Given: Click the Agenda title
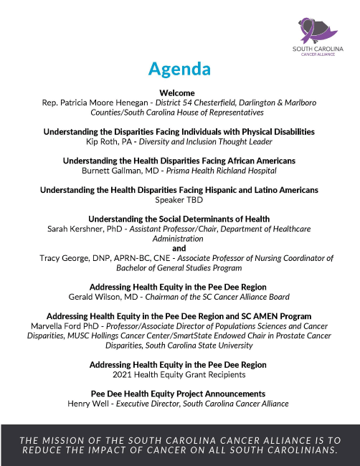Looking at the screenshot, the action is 179,69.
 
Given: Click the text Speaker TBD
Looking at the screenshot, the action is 179,200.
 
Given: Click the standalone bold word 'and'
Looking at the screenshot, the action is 179,247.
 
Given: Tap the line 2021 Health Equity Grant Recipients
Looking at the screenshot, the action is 179,374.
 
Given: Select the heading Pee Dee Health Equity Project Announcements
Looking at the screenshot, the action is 179,394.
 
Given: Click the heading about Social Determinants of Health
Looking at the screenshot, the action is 179,219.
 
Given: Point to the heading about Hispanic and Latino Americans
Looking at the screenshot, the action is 179,190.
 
